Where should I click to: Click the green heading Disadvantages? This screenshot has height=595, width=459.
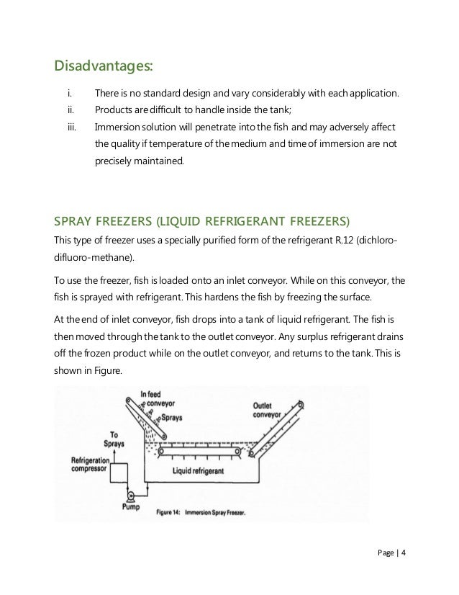coord(104,66)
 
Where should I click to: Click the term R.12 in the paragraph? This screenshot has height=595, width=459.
coord(343,238)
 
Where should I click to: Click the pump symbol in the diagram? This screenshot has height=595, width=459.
coord(132,496)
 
